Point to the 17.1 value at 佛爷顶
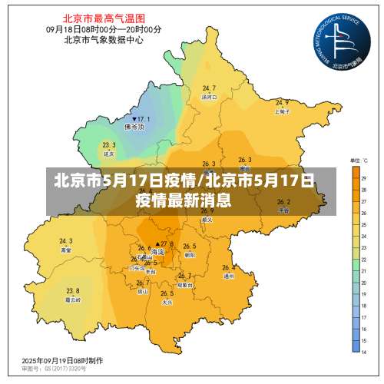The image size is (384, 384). [x=143, y=119]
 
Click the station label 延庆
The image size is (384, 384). [x=108, y=153]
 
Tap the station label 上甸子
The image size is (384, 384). [x=282, y=111]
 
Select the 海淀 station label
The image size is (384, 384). [x=159, y=252]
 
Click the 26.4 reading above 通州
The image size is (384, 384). [x=228, y=268]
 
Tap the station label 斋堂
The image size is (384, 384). [x=66, y=250]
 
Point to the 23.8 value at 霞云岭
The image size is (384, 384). [x=72, y=290]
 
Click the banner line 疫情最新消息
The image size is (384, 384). [x=184, y=201]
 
